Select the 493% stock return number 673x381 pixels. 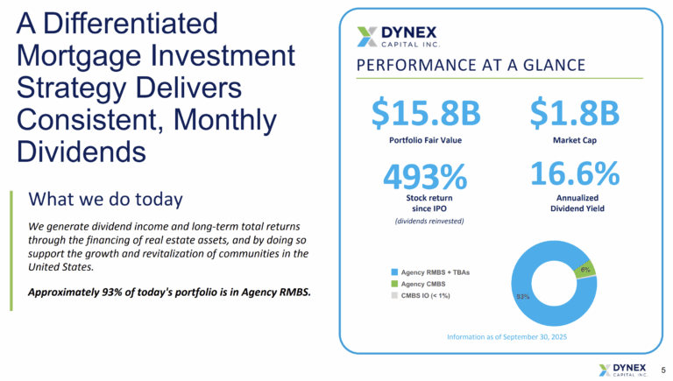click(425, 178)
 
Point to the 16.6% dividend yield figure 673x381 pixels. click(575, 174)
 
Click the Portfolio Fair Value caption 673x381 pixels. click(425, 139)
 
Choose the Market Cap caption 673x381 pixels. click(575, 139)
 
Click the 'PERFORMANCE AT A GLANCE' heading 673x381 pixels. click(471, 67)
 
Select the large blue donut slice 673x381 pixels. click(536, 298)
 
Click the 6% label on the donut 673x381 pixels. click(584, 270)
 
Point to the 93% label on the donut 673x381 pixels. click(521, 296)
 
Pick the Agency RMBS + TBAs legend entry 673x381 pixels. click(426, 272)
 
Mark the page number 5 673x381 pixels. click(663, 370)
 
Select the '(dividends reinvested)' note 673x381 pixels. click(425, 221)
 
